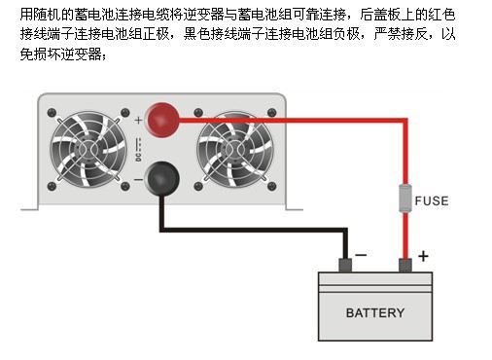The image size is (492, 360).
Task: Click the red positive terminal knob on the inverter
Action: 162,120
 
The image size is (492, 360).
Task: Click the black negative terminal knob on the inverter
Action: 161,178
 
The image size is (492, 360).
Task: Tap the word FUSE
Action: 432,201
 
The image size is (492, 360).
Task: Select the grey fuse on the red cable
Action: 405,198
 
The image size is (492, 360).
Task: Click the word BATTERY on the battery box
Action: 375,313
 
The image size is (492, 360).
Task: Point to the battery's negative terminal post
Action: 345,266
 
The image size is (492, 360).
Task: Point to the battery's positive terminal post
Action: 405,266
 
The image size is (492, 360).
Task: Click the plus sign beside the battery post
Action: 423,256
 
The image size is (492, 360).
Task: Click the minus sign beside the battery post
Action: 361,255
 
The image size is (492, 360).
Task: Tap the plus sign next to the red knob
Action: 138,120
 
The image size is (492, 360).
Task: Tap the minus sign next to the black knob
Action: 138,179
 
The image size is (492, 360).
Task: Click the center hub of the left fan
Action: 88,149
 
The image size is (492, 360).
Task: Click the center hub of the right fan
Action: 234,149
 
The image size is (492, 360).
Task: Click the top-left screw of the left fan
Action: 52,113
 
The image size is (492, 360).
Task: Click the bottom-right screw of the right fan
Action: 271,186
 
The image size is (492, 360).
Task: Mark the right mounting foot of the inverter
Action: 295,208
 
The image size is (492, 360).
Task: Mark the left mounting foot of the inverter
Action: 29,208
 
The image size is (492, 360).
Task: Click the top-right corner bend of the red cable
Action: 405,121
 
